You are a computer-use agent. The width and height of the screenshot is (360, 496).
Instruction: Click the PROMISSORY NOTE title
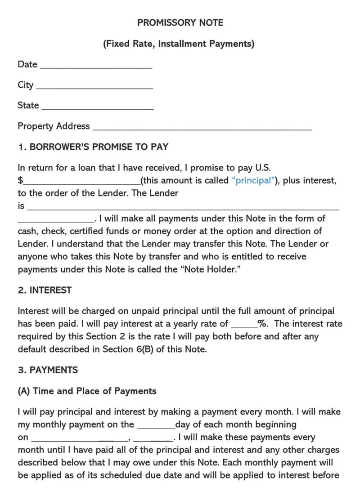pyautogui.click(x=180, y=22)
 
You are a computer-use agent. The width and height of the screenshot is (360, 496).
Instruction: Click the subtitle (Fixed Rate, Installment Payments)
pyautogui.click(x=179, y=44)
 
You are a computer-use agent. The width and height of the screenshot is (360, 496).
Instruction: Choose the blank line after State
pyautogui.click(x=97, y=107)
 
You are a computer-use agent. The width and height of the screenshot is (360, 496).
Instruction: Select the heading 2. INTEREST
pyautogui.click(x=45, y=290)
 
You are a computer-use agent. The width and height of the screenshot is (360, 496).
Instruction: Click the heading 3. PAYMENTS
pyautogui.click(x=48, y=370)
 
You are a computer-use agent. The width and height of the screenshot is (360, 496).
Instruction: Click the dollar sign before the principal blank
pyautogui.click(x=20, y=181)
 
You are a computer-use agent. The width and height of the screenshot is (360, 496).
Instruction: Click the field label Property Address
pyautogui.click(x=54, y=126)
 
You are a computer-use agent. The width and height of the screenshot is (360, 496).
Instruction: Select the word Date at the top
pyautogui.click(x=27, y=64)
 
